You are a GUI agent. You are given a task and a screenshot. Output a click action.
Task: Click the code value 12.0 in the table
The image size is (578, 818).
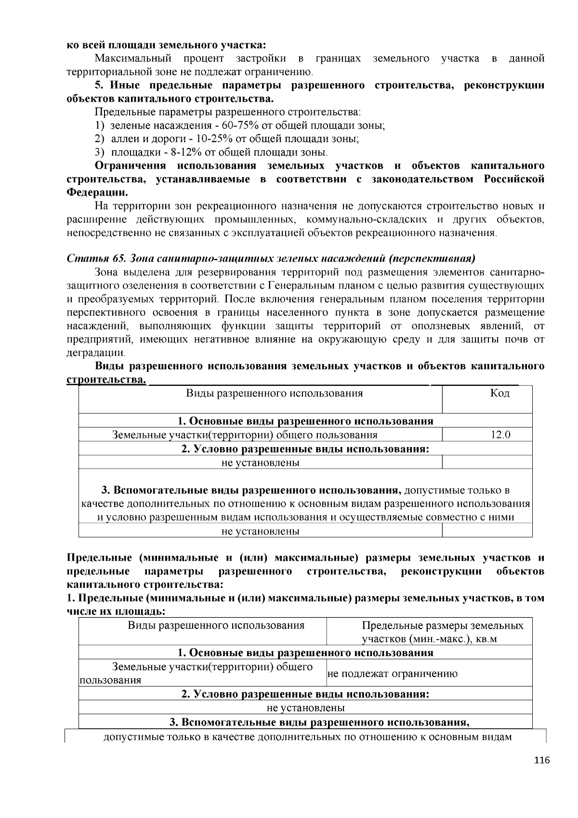pos(500,435)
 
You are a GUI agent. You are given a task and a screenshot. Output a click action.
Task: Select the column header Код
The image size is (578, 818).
pos(499,394)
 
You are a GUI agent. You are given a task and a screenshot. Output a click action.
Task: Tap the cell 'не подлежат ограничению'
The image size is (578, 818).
pos(392,674)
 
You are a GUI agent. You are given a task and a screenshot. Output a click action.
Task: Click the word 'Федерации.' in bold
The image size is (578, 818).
pos(97,193)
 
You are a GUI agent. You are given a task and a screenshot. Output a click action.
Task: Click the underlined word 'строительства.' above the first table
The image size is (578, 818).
pos(106,380)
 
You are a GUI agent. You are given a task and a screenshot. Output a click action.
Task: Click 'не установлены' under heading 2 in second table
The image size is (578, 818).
pos(305,708)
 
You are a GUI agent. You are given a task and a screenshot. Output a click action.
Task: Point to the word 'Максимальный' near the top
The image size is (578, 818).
pos(133,59)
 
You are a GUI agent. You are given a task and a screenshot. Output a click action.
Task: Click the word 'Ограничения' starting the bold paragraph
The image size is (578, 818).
pos(130,166)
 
